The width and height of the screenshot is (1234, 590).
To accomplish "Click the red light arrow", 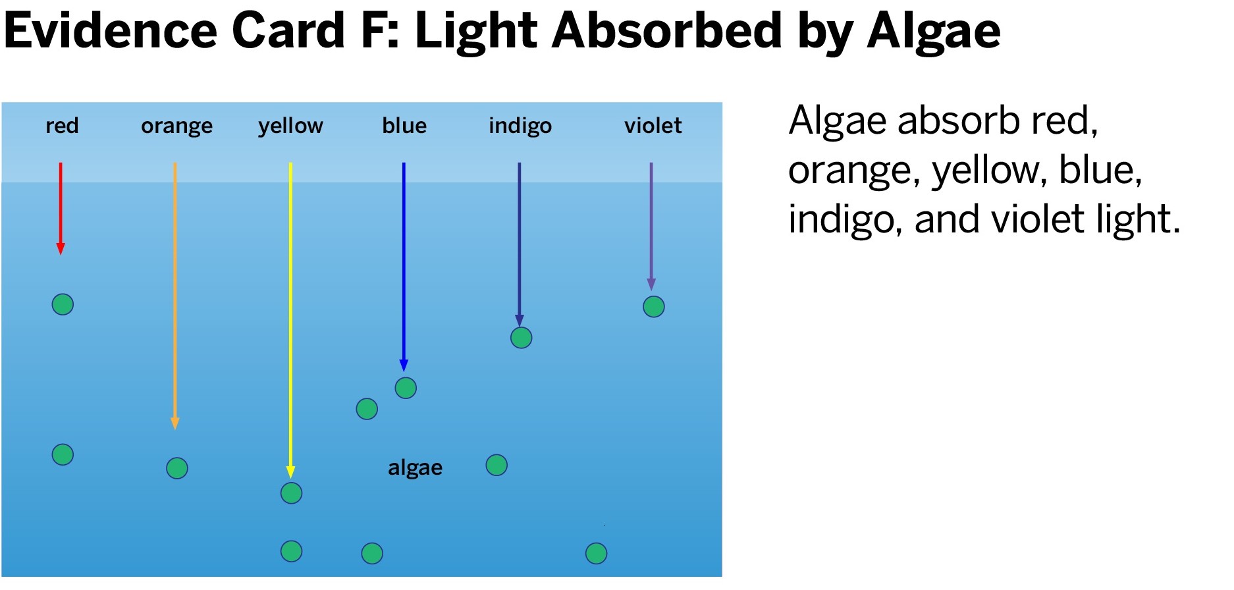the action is click(x=61, y=209).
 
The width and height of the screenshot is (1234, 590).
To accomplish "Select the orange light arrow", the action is click(x=174, y=296).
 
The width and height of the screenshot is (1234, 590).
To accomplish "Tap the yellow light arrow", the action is click(x=290, y=320).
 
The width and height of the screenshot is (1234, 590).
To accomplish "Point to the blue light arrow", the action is click(x=404, y=267).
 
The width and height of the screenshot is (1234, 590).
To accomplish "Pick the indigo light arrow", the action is click(x=519, y=244).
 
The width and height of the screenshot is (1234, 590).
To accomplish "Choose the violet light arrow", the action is click(x=651, y=227).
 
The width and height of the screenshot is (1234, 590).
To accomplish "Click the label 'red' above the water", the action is click(x=62, y=125).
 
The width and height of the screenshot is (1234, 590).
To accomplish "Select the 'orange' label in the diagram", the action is click(x=176, y=126).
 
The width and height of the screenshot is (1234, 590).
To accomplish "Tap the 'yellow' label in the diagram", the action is click(x=290, y=126).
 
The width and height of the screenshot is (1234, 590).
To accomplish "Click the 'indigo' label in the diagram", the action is click(x=520, y=126).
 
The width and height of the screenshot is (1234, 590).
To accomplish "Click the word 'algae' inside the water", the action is click(x=415, y=468).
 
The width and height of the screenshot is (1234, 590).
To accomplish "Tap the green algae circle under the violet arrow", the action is click(x=654, y=306).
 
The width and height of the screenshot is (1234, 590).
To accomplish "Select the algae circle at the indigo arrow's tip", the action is click(x=521, y=338).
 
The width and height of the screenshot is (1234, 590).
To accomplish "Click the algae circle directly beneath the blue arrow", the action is click(x=406, y=388).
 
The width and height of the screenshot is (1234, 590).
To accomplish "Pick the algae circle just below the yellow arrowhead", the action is click(x=291, y=493).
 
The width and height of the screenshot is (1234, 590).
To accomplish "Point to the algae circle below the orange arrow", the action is click(x=177, y=468).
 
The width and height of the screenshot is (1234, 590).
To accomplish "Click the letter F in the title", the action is click(x=375, y=30).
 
